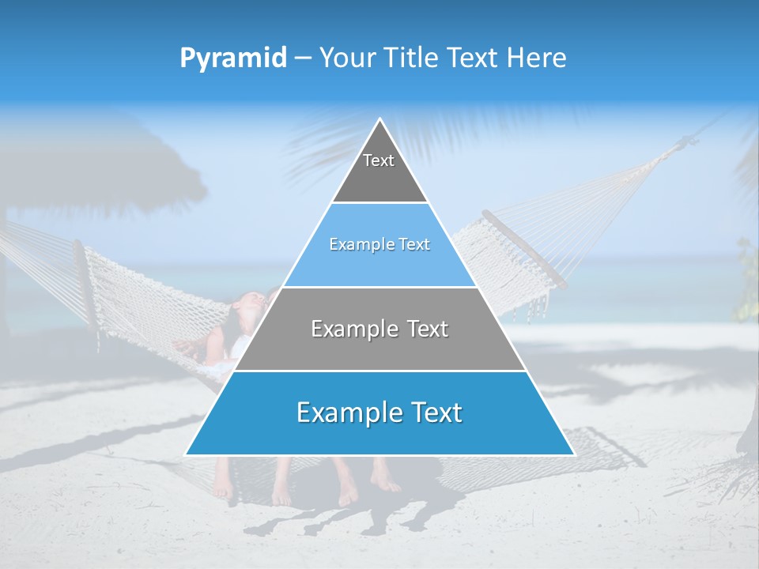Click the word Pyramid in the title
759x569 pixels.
click(232, 58)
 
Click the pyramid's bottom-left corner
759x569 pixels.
click(187, 454)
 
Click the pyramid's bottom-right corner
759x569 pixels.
click(573, 454)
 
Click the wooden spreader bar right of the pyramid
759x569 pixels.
click(526, 249)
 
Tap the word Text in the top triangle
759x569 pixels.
click(379, 160)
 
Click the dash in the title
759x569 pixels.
click(302, 58)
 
